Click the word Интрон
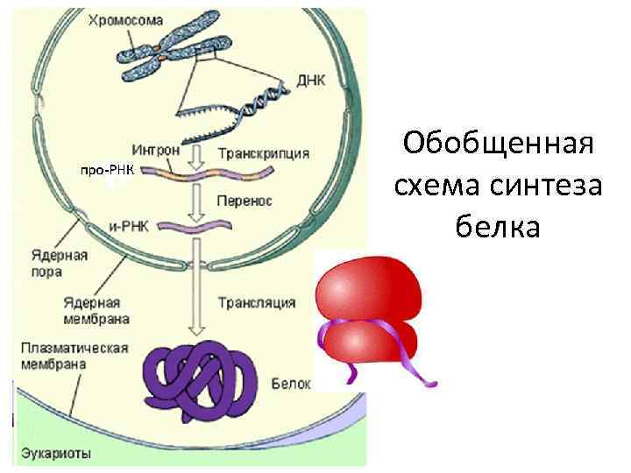coord(158,149)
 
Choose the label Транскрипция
coord(263,153)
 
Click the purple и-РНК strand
coord(202,227)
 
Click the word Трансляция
coord(255,303)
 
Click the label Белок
coord(287,384)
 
